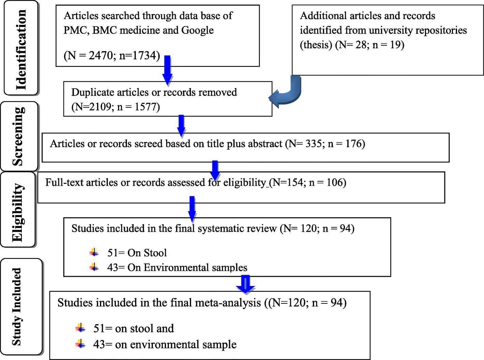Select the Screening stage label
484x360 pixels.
pos(19,136)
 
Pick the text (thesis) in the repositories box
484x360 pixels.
pos(316,45)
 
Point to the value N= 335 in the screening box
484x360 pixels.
pos(305,144)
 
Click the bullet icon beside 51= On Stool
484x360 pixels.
pos(94,253)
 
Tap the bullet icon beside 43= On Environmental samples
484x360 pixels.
pos(94,267)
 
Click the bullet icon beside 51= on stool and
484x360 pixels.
pos(80,328)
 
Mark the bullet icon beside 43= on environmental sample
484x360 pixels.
pos(80,344)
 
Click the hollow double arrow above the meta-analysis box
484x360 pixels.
pos(245,284)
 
